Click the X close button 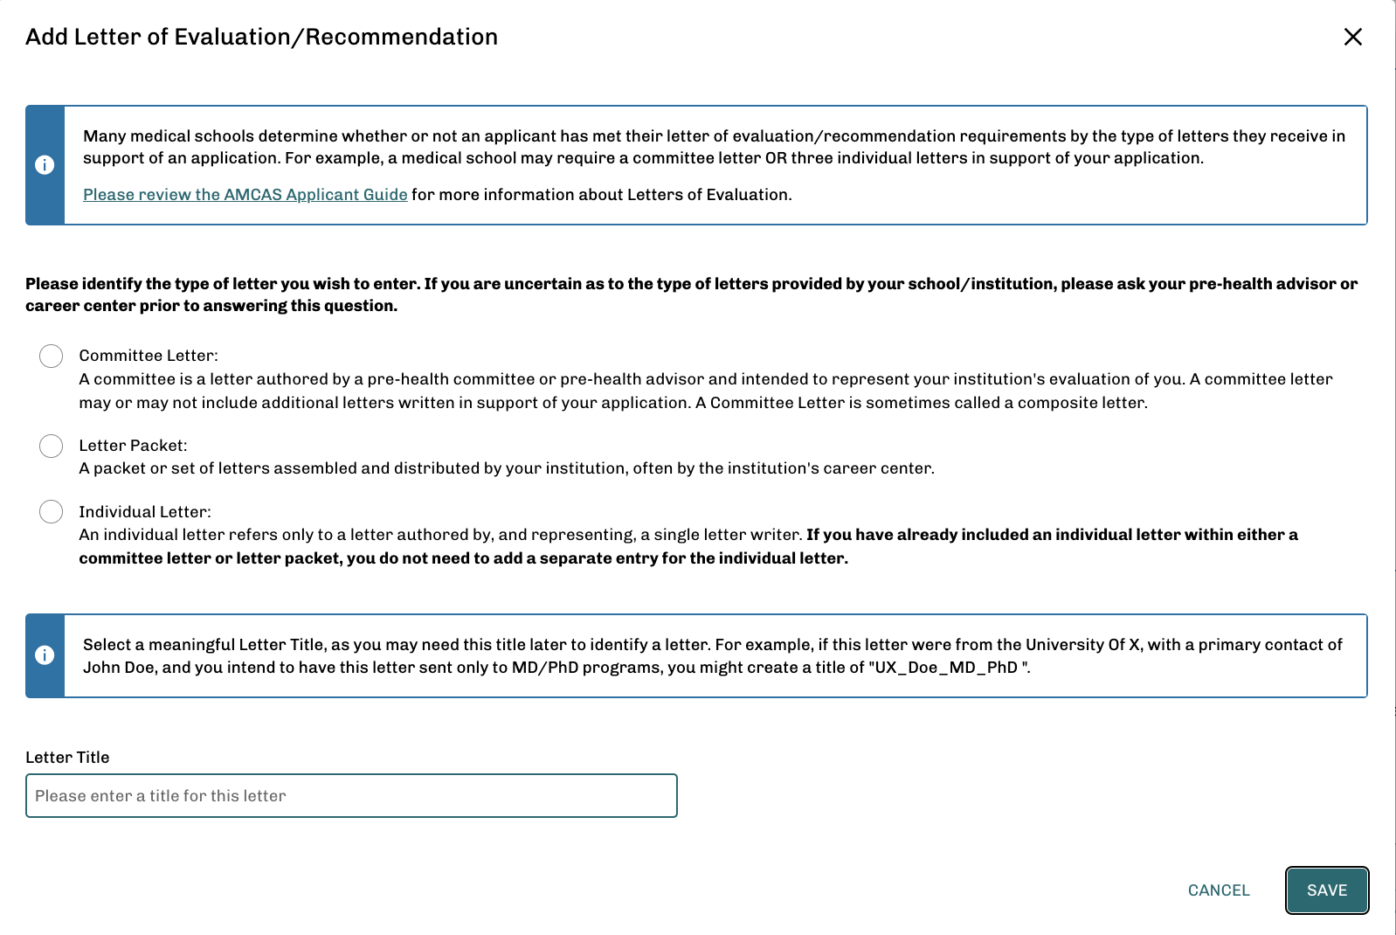[x=1352, y=37]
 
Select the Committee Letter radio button [x=51, y=356]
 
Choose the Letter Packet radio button [x=51, y=446]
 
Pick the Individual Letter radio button [x=51, y=512]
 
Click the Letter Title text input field [x=351, y=796]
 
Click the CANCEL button [x=1218, y=890]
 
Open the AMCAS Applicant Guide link [x=245, y=195]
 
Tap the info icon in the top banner [x=45, y=165]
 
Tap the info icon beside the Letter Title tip [x=45, y=655]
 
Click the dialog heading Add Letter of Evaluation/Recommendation [x=261, y=37]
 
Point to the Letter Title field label [x=67, y=758]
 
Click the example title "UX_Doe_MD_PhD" [x=947, y=668]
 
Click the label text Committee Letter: [x=149, y=356]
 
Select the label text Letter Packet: [x=133, y=446]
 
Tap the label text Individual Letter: [x=145, y=512]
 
